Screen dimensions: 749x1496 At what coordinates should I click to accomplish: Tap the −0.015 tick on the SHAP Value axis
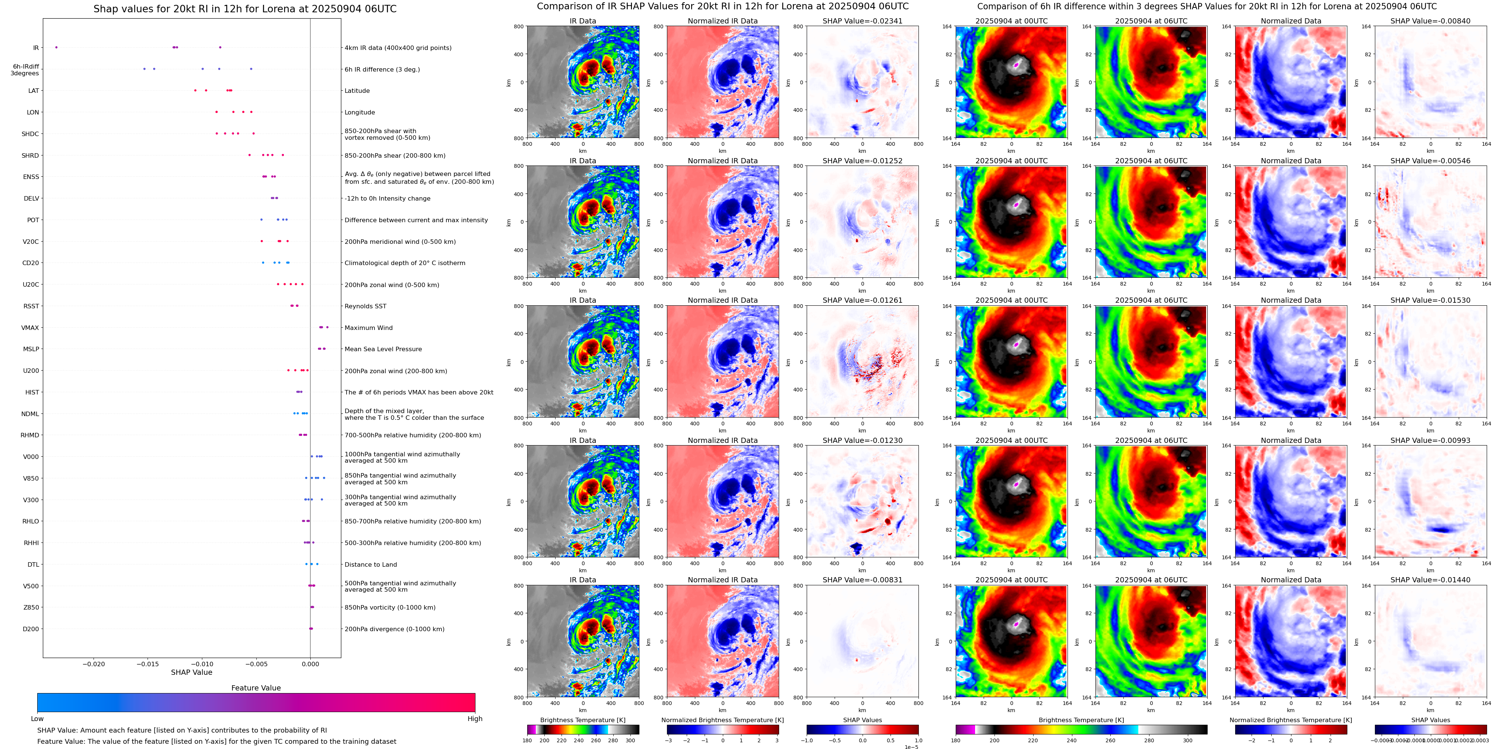click(x=148, y=664)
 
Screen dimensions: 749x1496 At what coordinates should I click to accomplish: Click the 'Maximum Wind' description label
click(x=368, y=328)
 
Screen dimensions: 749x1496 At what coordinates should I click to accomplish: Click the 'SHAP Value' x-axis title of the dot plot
click(x=192, y=672)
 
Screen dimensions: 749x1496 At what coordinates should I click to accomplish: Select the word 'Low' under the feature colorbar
click(x=37, y=719)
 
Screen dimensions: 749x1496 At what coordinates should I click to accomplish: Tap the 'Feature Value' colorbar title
click(x=256, y=688)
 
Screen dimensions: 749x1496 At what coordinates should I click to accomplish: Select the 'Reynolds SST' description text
click(x=365, y=306)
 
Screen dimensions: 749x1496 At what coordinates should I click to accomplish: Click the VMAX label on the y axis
click(x=30, y=328)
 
